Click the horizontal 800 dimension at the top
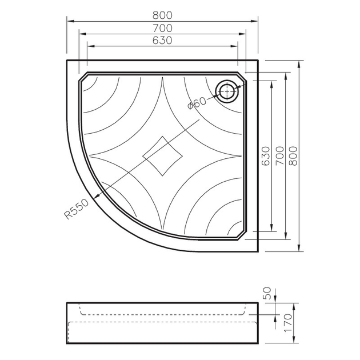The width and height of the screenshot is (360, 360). (x=163, y=15)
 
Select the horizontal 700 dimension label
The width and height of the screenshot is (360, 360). (x=163, y=27)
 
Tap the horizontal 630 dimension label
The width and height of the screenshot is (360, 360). (x=163, y=40)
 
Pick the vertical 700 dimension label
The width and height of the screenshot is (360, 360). (x=279, y=156)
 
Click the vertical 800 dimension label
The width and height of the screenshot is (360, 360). (x=294, y=156)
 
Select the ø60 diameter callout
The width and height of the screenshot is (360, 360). (x=197, y=103)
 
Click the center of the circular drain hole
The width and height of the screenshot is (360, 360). (x=227, y=90)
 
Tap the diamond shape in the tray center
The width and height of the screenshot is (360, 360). (x=163, y=155)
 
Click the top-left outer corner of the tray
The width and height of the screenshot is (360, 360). (x=67, y=59)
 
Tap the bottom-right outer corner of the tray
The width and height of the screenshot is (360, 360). (x=258, y=251)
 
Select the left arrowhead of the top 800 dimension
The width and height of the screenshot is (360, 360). (x=70, y=22)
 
